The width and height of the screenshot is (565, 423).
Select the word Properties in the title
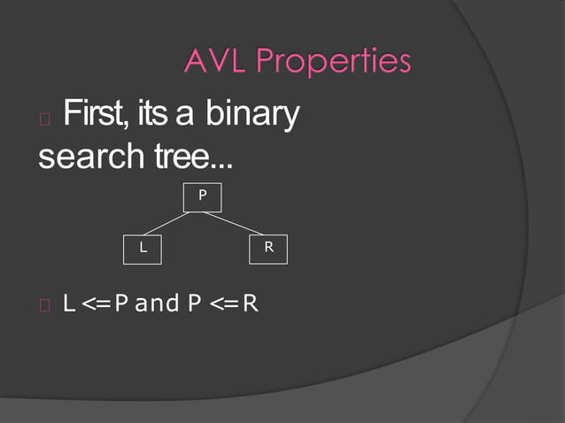point(334,63)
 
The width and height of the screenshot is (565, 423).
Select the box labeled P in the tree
point(202,196)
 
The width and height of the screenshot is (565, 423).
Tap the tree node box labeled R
point(269,249)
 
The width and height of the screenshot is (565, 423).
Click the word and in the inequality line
point(157,304)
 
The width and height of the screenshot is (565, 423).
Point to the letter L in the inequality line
point(68,304)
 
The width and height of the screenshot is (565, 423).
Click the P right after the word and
point(193,304)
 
